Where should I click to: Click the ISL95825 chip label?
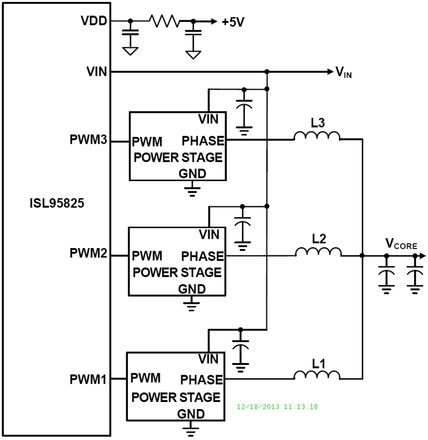coord(57,204)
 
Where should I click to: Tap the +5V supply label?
coord(233,22)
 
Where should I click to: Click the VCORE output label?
coord(401,243)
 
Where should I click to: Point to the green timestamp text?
coord(278,407)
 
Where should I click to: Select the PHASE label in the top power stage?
coord(202,141)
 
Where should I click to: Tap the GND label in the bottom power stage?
coord(192,414)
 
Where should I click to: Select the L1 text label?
coord(319,364)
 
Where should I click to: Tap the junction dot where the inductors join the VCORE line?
coord(363,256)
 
